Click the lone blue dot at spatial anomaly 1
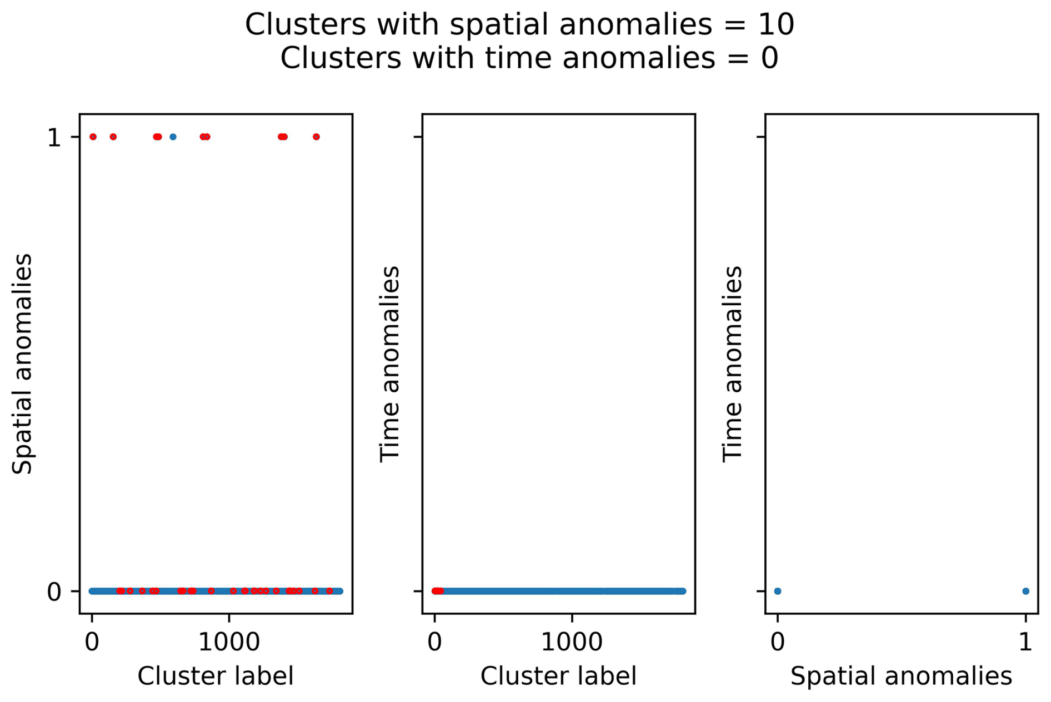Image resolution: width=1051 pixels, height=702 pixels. (173, 137)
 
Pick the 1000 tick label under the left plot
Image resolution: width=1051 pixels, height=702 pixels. (229, 642)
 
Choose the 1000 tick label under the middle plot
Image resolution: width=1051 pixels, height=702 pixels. (572, 642)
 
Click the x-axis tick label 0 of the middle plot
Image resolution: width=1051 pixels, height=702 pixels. (435, 642)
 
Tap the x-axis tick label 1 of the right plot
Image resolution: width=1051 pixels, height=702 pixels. (1025, 642)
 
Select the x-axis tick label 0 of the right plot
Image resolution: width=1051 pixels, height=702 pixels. (778, 642)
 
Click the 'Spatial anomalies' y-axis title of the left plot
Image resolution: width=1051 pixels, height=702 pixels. (23, 363)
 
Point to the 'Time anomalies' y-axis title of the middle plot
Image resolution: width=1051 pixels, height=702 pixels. (390, 363)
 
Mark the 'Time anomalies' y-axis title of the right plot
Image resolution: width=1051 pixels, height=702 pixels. (733, 363)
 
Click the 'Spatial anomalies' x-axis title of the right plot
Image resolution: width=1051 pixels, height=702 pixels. (901, 676)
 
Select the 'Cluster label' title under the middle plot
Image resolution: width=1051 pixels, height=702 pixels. (558, 676)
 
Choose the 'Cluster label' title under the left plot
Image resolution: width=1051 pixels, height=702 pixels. (216, 676)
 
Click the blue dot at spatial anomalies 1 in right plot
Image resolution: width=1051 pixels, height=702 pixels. (1025, 591)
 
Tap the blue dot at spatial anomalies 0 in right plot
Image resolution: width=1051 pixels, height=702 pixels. (778, 591)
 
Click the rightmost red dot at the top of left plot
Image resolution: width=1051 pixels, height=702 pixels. (316, 137)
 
